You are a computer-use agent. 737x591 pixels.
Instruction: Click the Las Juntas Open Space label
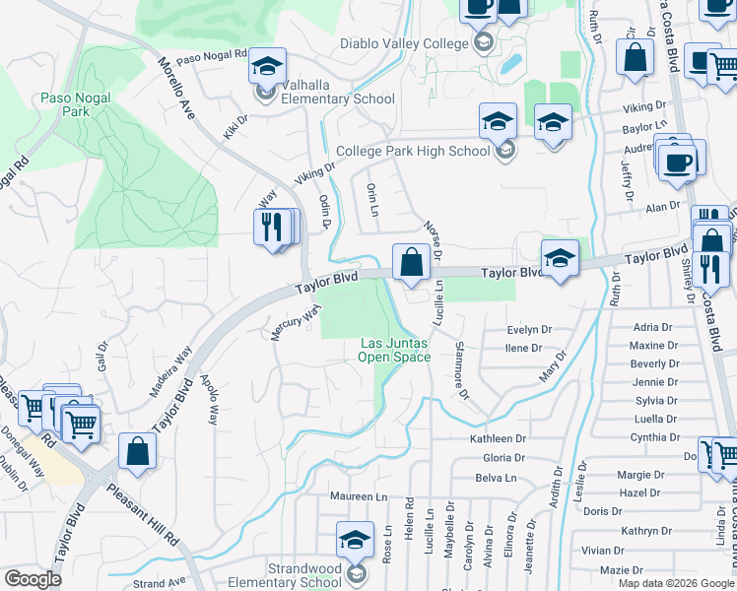[x=393, y=350]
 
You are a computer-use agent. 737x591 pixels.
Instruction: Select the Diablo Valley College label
[x=404, y=43]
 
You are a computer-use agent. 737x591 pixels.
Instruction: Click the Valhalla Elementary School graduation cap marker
[x=267, y=67]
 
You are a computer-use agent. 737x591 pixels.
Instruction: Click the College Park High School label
[x=412, y=152]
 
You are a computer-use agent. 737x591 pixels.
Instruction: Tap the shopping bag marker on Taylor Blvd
[x=411, y=263]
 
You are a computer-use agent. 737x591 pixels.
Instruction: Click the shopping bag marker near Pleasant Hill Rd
[x=138, y=451]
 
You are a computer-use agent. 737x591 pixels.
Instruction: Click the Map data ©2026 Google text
[x=676, y=583]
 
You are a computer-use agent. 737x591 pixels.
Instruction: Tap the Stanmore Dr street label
[x=461, y=370]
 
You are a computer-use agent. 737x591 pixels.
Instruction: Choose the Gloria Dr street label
[x=503, y=458]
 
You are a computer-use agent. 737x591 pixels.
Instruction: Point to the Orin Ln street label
[x=372, y=198]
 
